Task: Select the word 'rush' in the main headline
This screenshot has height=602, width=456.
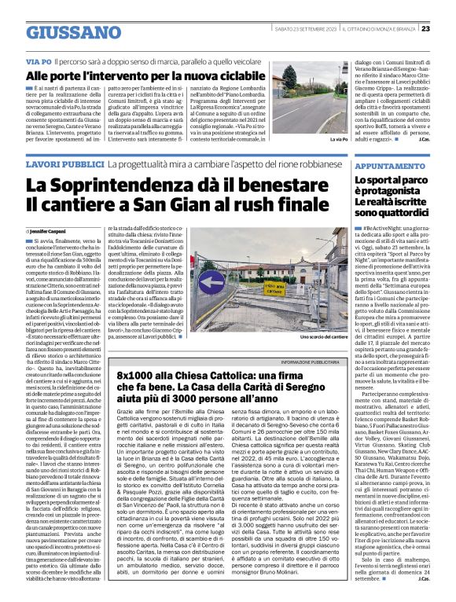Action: (x=239, y=204)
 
